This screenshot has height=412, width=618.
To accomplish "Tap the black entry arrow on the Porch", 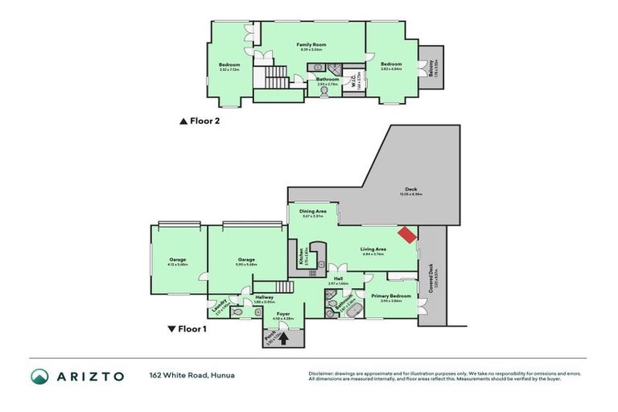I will pos(282,340).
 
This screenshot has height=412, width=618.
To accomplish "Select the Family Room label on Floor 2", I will pos(310,44).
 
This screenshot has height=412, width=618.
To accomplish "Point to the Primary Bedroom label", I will pos(391,296).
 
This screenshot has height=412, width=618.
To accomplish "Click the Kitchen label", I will pos(301,257).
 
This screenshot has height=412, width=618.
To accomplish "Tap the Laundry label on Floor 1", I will pos(217,305).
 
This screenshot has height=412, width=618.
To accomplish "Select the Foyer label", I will pos(283,314).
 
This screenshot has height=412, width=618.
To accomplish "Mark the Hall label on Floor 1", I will pos(338,278).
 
